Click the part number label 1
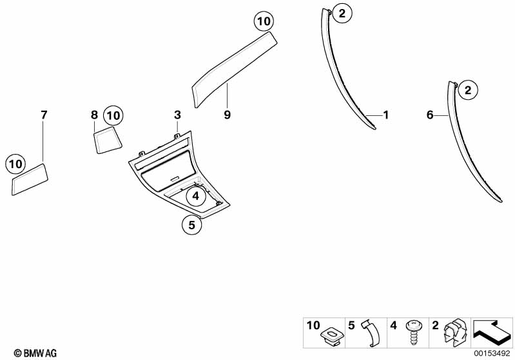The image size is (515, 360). tap(386, 115)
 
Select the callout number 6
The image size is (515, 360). tap(430, 115)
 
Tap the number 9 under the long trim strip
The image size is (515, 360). tap(227, 115)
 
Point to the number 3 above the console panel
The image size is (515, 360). tap(177, 115)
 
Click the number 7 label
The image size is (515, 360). tap(44, 115)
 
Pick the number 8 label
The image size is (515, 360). tap(94, 115)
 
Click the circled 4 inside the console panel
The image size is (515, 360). tap(195, 194)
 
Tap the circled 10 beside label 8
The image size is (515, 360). tap(113, 116)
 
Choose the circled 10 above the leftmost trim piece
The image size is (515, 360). tap(15, 164)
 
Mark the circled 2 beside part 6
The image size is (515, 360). tap(469, 90)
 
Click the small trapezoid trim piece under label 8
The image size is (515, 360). tap(108, 140)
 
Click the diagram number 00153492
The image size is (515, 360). tap(492, 352)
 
